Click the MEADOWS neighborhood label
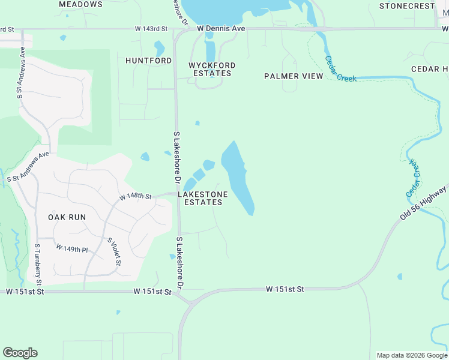tap(81, 4)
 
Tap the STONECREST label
tap(406, 6)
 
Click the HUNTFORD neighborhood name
tap(148, 61)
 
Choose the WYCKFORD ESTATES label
tap(212, 69)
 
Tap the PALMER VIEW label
tap(294, 76)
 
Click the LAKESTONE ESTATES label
tap(203, 199)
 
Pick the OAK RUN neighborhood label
tap(67, 217)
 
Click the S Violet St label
tap(115, 252)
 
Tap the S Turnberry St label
tap(38, 264)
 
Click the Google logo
tap(20, 353)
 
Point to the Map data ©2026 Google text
tap(411, 355)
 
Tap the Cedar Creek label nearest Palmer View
tap(340, 70)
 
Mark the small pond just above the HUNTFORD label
tap(159, 47)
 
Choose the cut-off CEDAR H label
tap(430, 69)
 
